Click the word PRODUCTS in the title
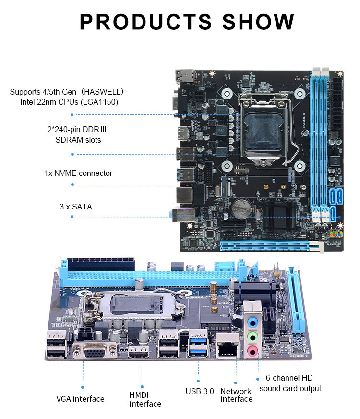[x=146, y=22]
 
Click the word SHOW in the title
[x=258, y=22]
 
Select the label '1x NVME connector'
[x=78, y=173]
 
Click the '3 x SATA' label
[x=76, y=207]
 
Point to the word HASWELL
[x=102, y=92]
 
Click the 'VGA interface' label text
[x=80, y=399]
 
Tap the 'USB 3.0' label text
[x=200, y=391]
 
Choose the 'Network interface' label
[x=236, y=395]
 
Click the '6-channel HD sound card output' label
[x=290, y=383]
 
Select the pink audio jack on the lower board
[x=252, y=351]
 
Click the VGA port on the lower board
[x=95, y=351]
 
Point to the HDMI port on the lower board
[x=139, y=353]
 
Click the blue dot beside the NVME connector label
[x=72, y=185]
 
